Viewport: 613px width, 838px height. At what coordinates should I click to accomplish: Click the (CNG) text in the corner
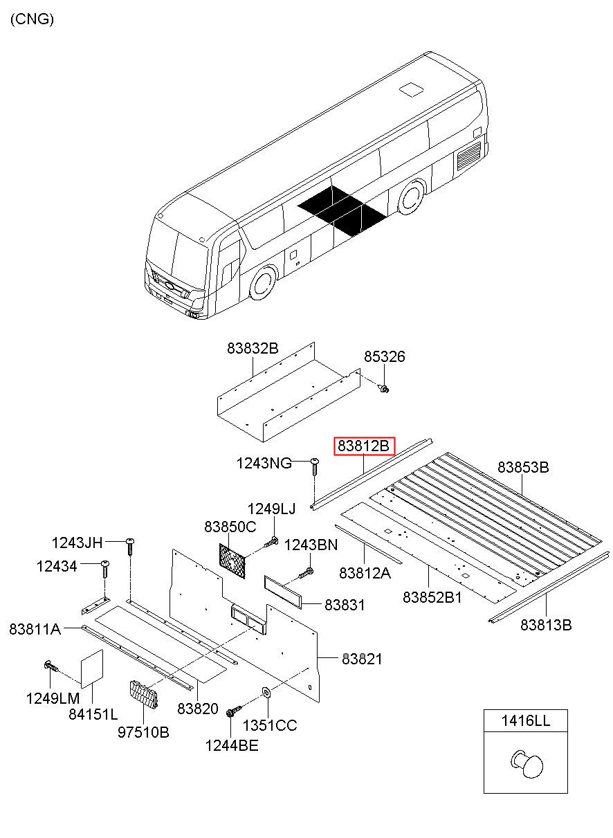(32, 19)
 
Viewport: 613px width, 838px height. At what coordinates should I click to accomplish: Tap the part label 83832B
(253, 349)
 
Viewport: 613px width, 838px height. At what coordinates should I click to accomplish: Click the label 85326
(385, 357)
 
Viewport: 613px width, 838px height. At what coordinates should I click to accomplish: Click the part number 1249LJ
(271, 509)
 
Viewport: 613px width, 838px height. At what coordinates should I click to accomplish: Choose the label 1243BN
(311, 545)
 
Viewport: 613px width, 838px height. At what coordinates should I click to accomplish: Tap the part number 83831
(345, 605)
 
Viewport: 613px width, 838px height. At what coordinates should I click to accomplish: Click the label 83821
(361, 659)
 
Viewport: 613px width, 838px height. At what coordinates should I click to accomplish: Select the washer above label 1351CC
(266, 691)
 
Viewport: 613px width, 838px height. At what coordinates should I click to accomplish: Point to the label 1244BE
(232, 745)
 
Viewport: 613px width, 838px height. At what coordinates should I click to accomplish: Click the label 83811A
(35, 629)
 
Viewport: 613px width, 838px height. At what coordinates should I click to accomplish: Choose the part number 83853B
(523, 467)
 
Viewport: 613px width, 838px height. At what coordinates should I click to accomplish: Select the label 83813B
(546, 625)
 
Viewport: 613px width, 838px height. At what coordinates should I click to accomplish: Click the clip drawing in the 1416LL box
(527, 763)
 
